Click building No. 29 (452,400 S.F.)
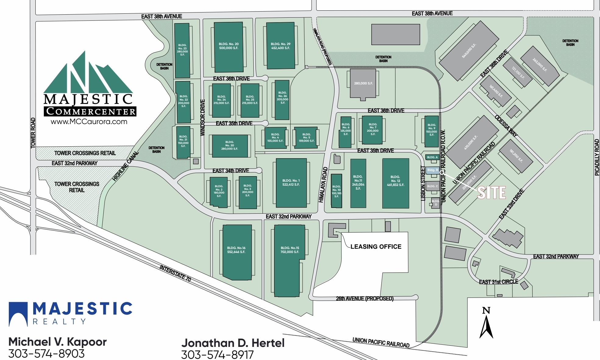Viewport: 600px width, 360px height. pyautogui.click(x=280, y=46)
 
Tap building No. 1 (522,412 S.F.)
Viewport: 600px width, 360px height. pyautogui.click(x=291, y=183)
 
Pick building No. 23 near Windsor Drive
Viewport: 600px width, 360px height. pyautogui.click(x=182, y=50)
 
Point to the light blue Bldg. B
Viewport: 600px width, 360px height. pyautogui.click(x=433, y=170)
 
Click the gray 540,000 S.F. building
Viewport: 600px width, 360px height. pyautogui.click(x=469, y=51)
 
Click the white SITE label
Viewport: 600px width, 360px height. pyautogui.click(x=491, y=193)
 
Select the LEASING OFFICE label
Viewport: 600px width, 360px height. pyautogui.click(x=376, y=247)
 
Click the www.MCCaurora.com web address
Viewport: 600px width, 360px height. pyautogui.click(x=89, y=122)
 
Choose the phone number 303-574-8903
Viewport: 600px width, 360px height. pyautogui.click(x=46, y=353)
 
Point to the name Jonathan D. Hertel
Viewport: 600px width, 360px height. pyautogui.click(x=233, y=343)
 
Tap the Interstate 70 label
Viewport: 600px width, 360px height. pyautogui.click(x=175, y=273)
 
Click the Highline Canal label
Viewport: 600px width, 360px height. pyautogui.click(x=126, y=166)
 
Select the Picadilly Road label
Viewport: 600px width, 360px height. pyautogui.click(x=597, y=157)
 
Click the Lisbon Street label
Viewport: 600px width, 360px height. pyautogui.click(x=423, y=183)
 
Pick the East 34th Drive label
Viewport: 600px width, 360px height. pyautogui.click(x=231, y=171)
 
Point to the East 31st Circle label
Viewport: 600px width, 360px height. pyautogui.click(x=498, y=282)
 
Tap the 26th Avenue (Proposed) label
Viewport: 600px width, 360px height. pyautogui.click(x=365, y=298)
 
